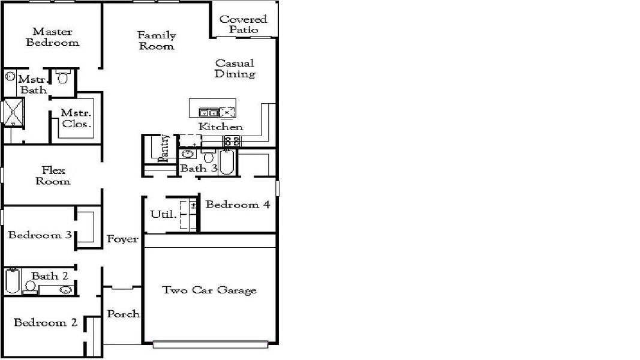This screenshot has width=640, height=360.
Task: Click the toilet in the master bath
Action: pyautogui.click(x=63, y=77)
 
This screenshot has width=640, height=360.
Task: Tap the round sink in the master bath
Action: pyautogui.click(x=10, y=77)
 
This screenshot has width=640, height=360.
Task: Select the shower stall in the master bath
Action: pyautogui.click(x=11, y=112)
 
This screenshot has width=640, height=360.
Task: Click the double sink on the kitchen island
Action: pyautogui.click(x=209, y=112)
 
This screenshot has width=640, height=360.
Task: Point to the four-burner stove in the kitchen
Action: pyautogui.click(x=232, y=141)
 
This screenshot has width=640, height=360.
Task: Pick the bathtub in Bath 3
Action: pyautogui.click(x=226, y=162)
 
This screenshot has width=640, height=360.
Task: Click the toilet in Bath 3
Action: pyautogui.click(x=208, y=157)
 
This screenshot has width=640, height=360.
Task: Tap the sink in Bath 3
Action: pyautogui.click(x=186, y=154)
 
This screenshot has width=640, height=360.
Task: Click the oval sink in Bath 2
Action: pyautogui.click(x=65, y=290)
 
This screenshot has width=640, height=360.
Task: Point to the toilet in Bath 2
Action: pyautogui.click(x=29, y=287)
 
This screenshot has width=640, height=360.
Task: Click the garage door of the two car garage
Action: pyautogui.click(x=210, y=344)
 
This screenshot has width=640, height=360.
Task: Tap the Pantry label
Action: pyautogui.click(x=164, y=148)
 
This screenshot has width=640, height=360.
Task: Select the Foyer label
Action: pyautogui.click(x=122, y=239)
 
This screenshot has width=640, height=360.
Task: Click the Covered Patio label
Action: pyautogui.click(x=244, y=24)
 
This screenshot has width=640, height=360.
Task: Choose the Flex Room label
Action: pyautogui.click(x=53, y=176)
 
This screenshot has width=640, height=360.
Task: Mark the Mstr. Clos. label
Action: pyautogui.click(x=76, y=119)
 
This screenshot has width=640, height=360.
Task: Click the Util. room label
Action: pyautogui.click(x=162, y=214)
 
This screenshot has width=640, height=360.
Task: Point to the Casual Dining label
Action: pyautogui.click(x=235, y=68)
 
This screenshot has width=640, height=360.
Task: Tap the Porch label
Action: pyautogui.click(x=123, y=314)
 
